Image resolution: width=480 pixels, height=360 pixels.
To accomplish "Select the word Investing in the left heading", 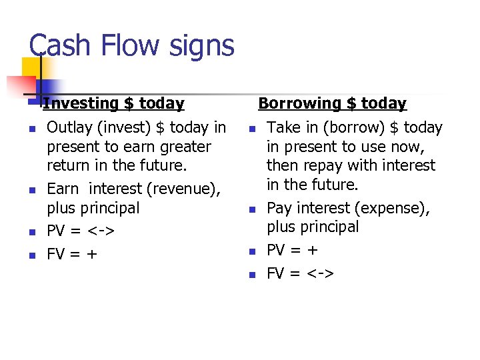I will (81, 103).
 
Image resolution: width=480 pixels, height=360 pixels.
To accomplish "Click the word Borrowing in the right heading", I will (299, 103).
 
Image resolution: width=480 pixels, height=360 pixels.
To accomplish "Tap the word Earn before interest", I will (63, 189).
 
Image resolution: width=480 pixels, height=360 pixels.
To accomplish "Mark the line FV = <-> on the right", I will (301, 273).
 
